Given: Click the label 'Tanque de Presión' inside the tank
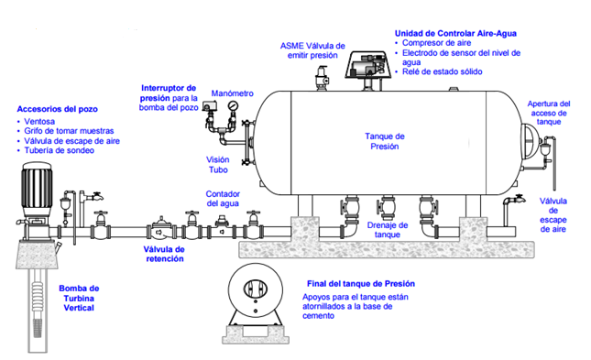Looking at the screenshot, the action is click(385, 141).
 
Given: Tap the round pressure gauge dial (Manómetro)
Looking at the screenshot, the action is click(232, 105).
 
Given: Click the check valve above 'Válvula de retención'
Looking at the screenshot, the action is click(161, 230).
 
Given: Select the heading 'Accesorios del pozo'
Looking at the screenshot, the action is click(58, 109).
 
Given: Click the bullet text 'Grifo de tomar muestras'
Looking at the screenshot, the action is click(69, 131).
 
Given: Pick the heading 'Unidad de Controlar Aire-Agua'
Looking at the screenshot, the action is click(455, 34).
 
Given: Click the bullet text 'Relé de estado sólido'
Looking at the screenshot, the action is click(443, 71).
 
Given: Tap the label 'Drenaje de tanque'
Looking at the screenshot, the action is click(388, 230).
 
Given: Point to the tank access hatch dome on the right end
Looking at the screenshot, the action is click(530, 142).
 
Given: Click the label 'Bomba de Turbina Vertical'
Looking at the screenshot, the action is click(79, 299).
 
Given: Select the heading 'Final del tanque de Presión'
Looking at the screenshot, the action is click(361, 283).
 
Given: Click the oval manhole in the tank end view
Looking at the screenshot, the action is click(255, 289).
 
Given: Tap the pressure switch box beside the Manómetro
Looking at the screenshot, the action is click(207, 106).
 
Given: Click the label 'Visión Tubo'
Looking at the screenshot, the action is click(218, 165).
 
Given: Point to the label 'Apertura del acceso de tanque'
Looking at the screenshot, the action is click(549, 113).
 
